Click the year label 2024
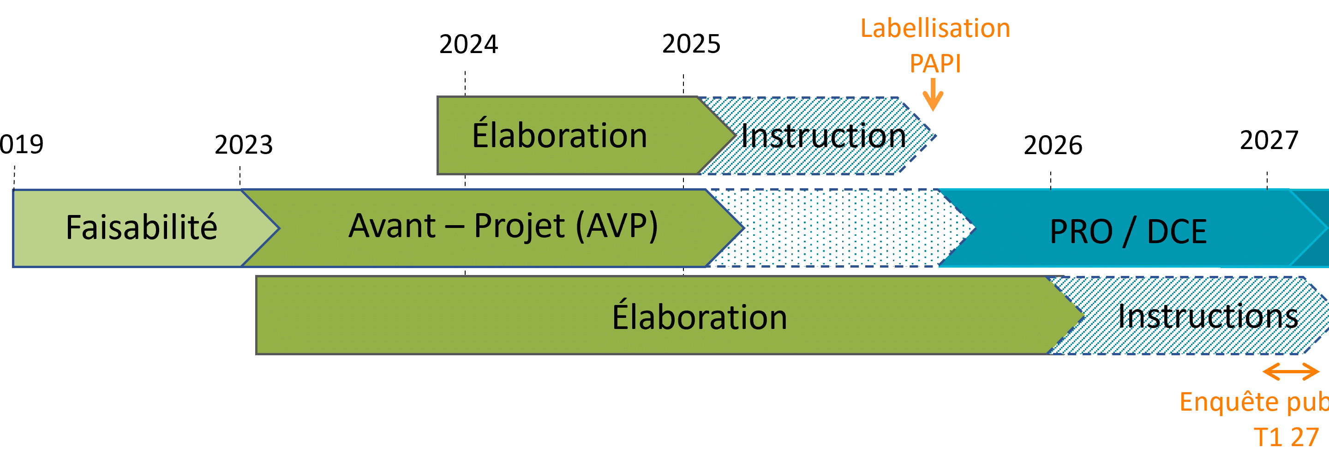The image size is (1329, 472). pyautogui.click(x=468, y=44)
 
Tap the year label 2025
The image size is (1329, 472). pyautogui.click(x=691, y=44)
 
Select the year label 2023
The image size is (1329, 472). pyautogui.click(x=244, y=145)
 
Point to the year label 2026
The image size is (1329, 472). pyautogui.click(x=1053, y=145)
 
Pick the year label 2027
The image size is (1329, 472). pyautogui.click(x=1269, y=140)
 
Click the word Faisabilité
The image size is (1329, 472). pyautogui.click(x=141, y=227)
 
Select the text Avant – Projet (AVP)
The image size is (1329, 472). pyautogui.click(x=503, y=226)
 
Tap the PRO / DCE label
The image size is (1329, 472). pyautogui.click(x=1128, y=232)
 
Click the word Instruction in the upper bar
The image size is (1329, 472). pyautogui.click(x=823, y=137)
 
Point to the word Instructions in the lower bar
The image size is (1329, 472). pyautogui.click(x=1208, y=316)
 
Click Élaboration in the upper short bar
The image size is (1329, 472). pyautogui.click(x=559, y=135)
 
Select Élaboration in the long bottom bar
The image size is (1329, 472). pyautogui.click(x=699, y=316)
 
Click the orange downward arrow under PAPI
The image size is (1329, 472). pyautogui.click(x=933, y=96)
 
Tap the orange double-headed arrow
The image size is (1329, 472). pyautogui.click(x=1291, y=371)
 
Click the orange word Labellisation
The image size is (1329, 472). pyautogui.click(x=935, y=28)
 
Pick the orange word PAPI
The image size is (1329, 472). pyautogui.click(x=935, y=64)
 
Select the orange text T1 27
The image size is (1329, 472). pyautogui.click(x=1286, y=437)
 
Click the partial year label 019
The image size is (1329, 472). pyautogui.click(x=22, y=144)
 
